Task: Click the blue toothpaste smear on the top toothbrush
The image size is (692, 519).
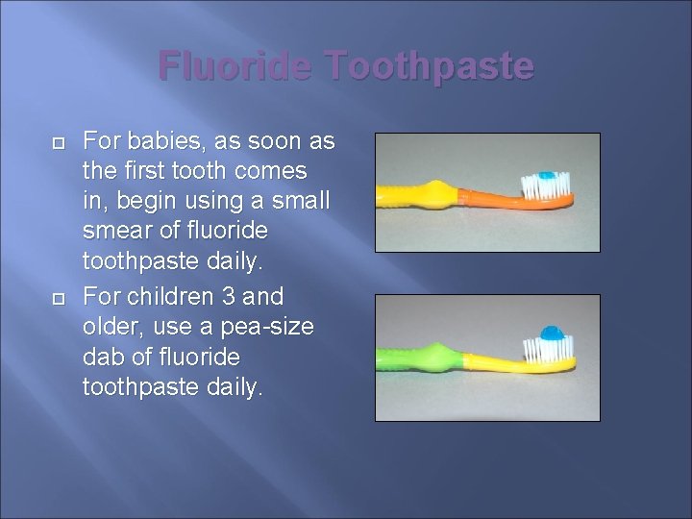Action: tap(548, 176)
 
